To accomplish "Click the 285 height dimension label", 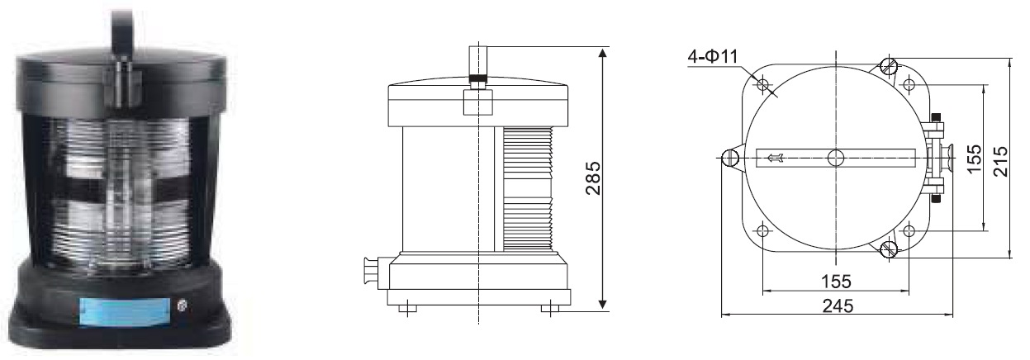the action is point(593,178).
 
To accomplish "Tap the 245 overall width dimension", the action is point(838,306).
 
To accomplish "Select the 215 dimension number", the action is point(1000,161).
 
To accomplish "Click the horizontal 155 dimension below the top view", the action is point(836,282).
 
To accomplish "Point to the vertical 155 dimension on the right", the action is point(975,159).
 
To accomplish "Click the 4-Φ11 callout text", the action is point(713,56).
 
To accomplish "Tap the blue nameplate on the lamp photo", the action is point(125,312).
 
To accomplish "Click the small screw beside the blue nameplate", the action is point(182,306).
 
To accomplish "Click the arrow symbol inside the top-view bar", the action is point(776,159).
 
